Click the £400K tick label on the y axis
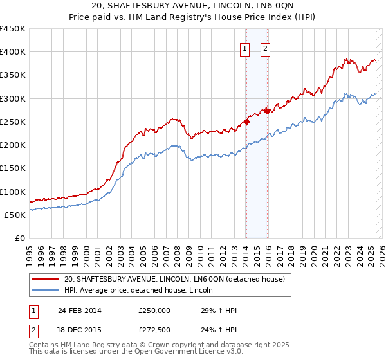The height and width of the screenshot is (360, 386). [13, 52]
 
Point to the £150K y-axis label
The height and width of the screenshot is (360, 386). [13, 168]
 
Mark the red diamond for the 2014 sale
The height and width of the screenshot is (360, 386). [246, 122]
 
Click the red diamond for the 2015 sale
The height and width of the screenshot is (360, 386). [267, 111]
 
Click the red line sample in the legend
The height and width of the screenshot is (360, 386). [45, 279]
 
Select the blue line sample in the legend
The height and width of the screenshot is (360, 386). [45, 290]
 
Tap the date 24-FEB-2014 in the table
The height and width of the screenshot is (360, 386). [79, 310]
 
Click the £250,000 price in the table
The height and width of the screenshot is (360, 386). [154, 310]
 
